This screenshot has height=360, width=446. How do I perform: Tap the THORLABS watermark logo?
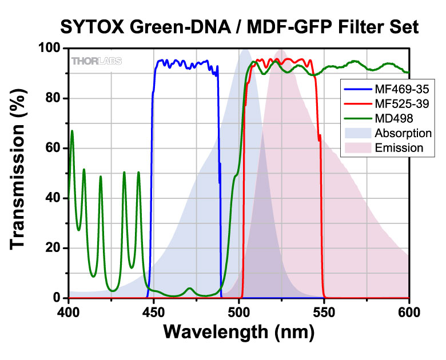(95, 61)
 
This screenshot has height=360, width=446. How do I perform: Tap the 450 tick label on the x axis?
(154, 313)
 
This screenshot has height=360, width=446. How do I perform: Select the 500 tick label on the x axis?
(239, 313)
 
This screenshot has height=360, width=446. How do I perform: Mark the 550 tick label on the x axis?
(324, 313)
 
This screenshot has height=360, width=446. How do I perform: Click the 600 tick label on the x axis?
(408, 313)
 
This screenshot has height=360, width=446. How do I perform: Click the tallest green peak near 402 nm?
(72, 131)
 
